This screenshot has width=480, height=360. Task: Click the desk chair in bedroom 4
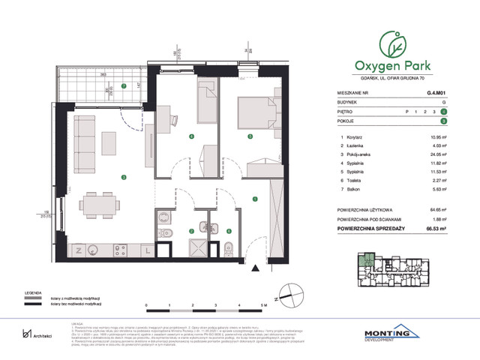(170, 118)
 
